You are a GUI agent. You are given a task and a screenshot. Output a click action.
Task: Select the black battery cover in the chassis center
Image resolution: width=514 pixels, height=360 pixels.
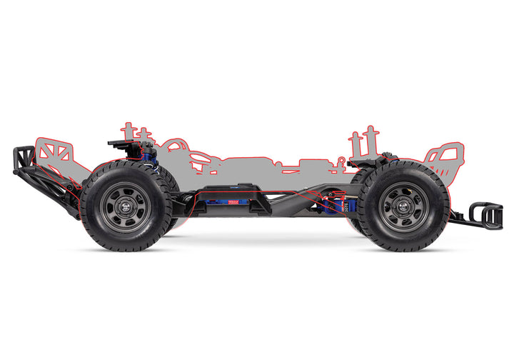click(x=236, y=191)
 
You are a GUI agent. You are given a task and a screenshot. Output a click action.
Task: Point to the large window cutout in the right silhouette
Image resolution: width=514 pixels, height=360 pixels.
click(x=443, y=154)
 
